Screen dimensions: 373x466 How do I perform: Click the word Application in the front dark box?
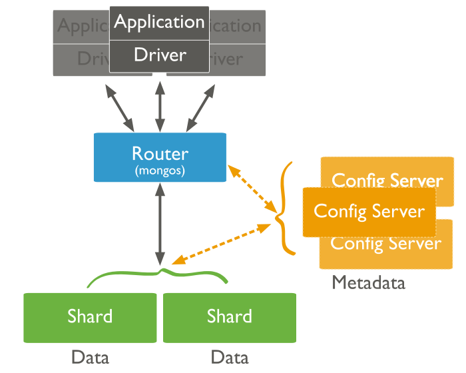click(x=159, y=22)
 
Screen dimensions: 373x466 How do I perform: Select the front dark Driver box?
click(x=159, y=55)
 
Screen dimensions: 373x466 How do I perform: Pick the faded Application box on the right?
click(x=237, y=27)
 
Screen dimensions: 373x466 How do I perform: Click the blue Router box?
click(x=160, y=157)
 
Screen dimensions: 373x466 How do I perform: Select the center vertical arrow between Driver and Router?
click(x=160, y=103)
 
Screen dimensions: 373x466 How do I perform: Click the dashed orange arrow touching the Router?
click(x=253, y=189)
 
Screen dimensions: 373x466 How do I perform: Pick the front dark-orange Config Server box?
click(x=369, y=212)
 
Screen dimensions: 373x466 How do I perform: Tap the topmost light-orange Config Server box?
click(x=386, y=173)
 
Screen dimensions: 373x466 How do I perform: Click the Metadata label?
click(x=368, y=283)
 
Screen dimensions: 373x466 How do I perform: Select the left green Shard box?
click(x=90, y=316)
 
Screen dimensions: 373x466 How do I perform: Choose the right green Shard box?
click(x=230, y=316)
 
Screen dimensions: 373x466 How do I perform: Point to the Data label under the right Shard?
click(x=230, y=358)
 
